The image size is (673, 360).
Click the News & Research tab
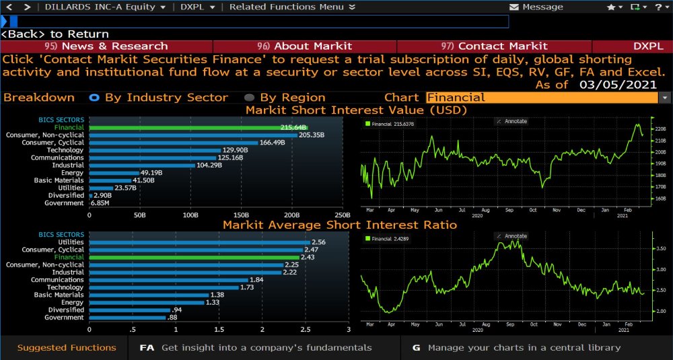tap(106, 46)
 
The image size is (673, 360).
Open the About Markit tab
tap(304, 46)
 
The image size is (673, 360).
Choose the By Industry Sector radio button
tap(94, 98)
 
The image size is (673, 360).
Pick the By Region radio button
tap(249, 98)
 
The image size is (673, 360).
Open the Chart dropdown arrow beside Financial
tap(665, 98)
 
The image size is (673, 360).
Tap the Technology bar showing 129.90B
tap(155, 150)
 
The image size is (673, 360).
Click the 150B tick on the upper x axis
tap(241, 215)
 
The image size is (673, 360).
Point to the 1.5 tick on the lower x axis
tap(219, 330)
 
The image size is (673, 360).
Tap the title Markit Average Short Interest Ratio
tap(340, 225)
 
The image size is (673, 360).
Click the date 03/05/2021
tap(616, 85)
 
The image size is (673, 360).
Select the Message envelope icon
tap(515, 7)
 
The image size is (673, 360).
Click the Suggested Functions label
tap(67, 348)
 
